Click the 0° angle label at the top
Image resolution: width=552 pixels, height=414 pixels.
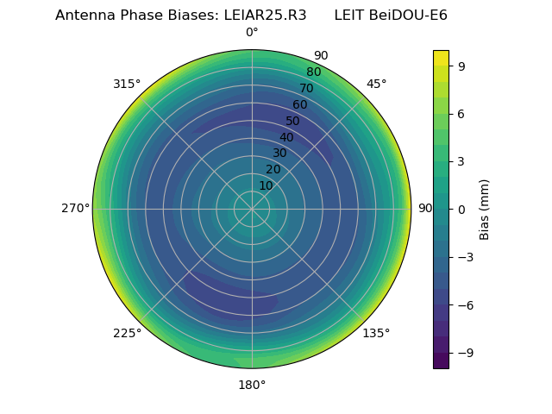(x=252, y=33)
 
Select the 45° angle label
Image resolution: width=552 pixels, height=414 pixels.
(x=376, y=84)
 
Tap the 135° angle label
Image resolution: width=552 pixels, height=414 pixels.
(x=376, y=333)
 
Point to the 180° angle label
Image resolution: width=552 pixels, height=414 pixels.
(x=252, y=385)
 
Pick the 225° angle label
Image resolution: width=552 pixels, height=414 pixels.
(x=127, y=333)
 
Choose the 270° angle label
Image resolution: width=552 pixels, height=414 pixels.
(x=75, y=209)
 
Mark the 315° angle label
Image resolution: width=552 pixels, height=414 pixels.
(x=127, y=84)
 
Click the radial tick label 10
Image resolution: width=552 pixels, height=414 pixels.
(x=266, y=185)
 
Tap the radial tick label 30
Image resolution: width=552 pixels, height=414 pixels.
(x=279, y=154)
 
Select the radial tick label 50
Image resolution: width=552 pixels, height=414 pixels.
(x=293, y=121)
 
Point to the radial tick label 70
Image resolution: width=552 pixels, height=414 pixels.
(x=306, y=88)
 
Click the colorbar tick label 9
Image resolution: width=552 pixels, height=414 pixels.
(x=462, y=66)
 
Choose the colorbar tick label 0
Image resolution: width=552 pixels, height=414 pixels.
(x=462, y=209)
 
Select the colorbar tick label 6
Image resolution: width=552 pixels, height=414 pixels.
(x=462, y=114)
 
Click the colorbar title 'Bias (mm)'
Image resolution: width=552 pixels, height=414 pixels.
(x=485, y=209)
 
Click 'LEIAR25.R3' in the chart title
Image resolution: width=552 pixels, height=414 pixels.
(x=260, y=15)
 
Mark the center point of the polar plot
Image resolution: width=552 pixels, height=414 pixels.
(x=252, y=209)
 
